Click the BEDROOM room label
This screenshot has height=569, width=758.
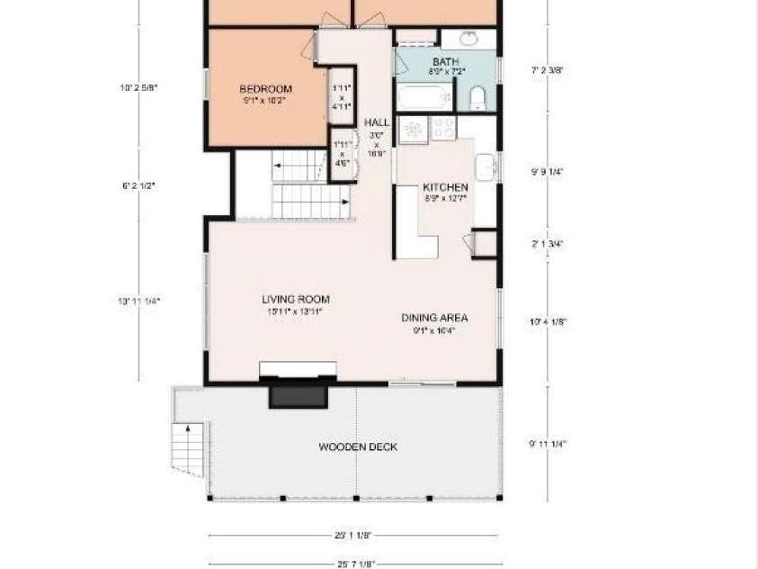pyautogui.click(x=265, y=88)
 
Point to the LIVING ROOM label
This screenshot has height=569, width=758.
pyautogui.click(x=295, y=299)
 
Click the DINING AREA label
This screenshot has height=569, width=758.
pyautogui.click(x=434, y=318)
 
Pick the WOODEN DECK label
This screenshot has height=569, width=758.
pyautogui.click(x=358, y=447)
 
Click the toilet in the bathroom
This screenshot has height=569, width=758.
pyautogui.click(x=477, y=98)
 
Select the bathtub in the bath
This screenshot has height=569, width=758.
pyautogui.click(x=424, y=96)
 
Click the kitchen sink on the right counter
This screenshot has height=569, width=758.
pyautogui.click(x=485, y=167)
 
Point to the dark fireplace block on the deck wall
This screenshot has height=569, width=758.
pyautogui.click(x=299, y=395)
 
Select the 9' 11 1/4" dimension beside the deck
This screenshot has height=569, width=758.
pyautogui.click(x=554, y=443)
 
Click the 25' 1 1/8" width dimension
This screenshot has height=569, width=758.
pyautogui.click(x=352, y=536)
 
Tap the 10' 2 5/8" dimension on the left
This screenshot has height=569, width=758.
pyautogui.click(x=138, y=88)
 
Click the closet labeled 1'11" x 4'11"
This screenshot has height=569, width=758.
pyautogui.click(x=342, y=96)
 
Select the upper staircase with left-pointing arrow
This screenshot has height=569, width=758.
pyautogui.click(x=299, y=167)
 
